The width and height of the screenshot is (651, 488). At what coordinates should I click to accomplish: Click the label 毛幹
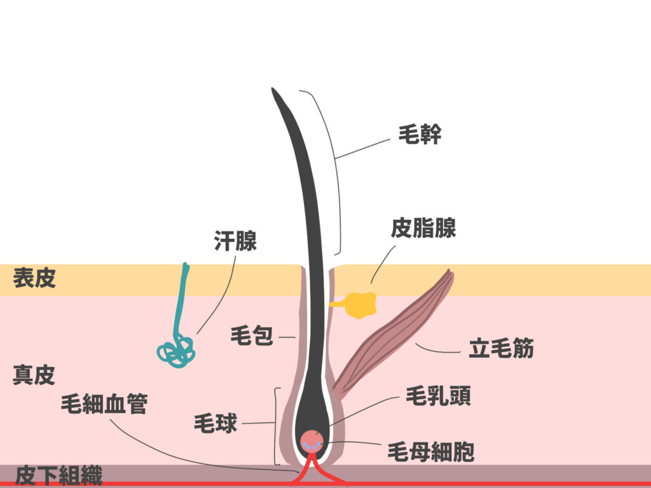click(x=420, y=135)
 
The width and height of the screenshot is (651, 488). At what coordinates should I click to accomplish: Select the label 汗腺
click(x=235, y=241)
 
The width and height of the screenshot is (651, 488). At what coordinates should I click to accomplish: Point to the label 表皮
click(x=34, y=278)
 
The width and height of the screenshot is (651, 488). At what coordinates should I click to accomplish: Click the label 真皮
click(x=34, y=375)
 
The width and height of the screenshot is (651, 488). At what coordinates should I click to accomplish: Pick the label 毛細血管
click(x=104, y=404)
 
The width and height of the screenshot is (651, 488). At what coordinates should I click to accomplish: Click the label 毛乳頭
click(x=438, y=397)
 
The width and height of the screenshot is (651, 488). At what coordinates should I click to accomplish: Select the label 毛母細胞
click(x=431, y=452)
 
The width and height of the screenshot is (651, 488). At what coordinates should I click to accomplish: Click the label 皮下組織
click(x=58, y=475)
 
